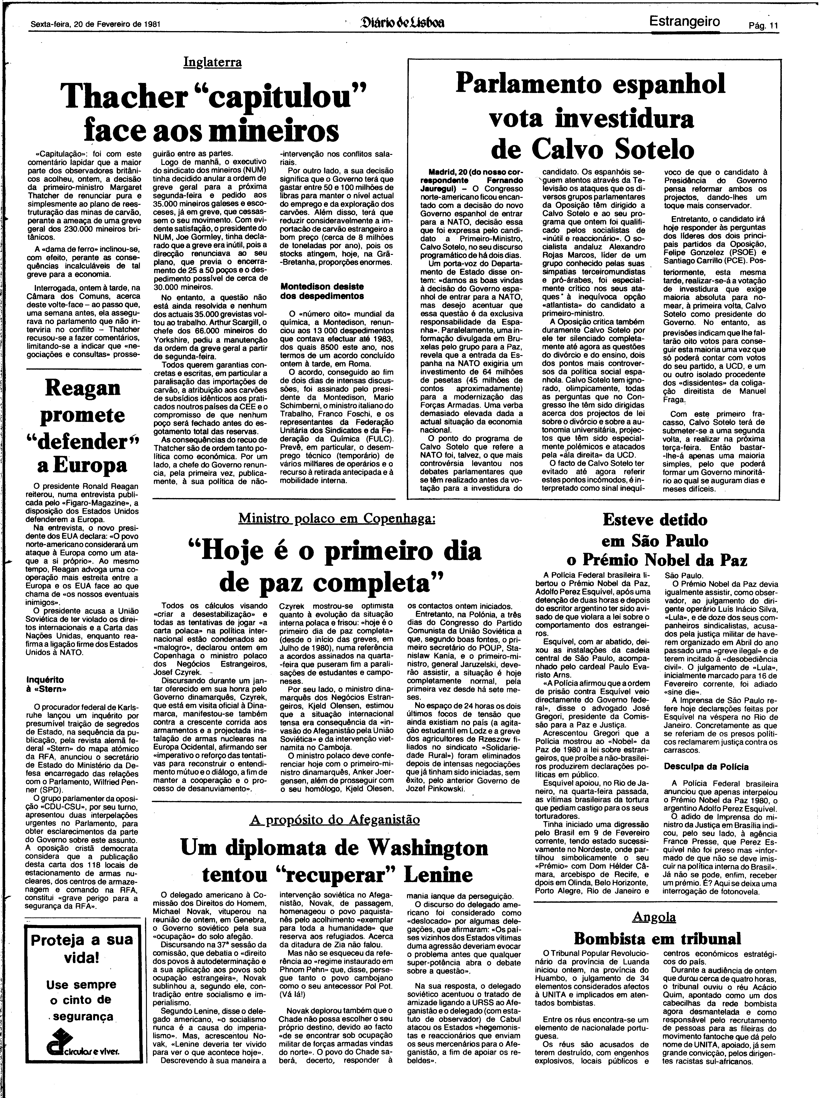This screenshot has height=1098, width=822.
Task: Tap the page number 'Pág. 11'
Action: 764,26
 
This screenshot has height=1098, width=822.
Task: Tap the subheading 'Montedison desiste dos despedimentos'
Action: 322,291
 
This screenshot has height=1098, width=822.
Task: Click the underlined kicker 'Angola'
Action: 654,917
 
